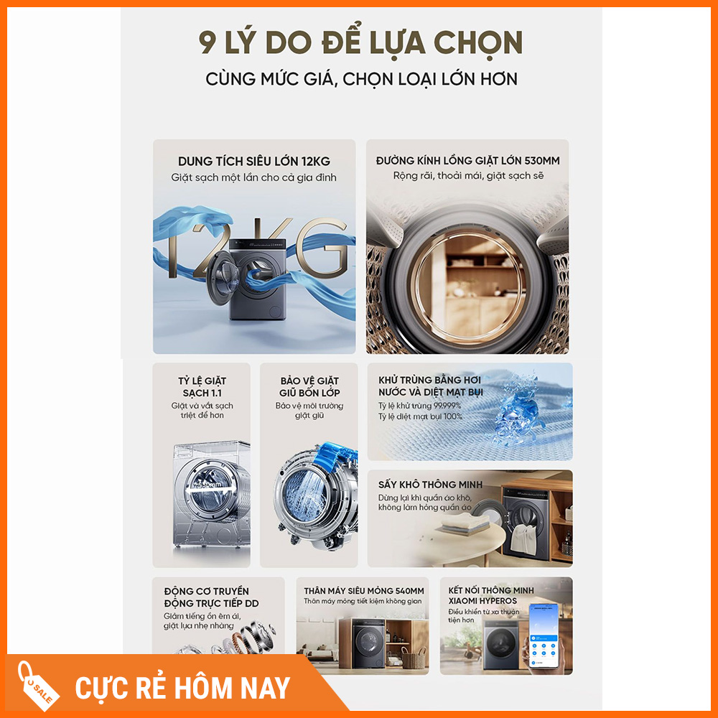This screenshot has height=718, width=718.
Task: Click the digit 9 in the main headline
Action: tap(207, 42)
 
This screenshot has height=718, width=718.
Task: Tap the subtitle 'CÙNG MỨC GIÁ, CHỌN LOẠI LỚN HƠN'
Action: tap(361, 79)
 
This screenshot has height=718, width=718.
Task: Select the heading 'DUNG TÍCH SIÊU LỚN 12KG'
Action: tap(254, 161)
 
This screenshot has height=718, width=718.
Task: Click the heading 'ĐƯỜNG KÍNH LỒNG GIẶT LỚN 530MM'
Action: tap(467, 160)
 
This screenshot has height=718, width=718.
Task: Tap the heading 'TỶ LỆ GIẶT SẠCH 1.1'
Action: tap(202, 387)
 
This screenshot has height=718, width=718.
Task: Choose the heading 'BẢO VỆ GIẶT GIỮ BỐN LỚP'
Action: tap(309, 387)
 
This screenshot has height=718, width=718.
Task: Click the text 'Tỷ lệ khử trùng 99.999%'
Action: tap(419, 406)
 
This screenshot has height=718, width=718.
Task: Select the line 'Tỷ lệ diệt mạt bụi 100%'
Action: tap(420, 416)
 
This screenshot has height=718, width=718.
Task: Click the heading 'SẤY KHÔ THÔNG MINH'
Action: tap(430, 485)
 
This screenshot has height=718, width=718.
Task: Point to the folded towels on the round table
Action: tap(462, 523)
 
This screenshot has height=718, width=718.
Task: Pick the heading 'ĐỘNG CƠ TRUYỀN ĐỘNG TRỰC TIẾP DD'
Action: tap(211, 597)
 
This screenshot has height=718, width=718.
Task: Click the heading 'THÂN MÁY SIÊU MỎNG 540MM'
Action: tap(363, 591)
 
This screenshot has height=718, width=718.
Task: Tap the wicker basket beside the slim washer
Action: tap(414, 658)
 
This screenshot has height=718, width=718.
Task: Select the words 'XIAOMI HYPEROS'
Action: tap(482, 601)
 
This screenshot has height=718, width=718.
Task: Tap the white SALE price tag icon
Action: tap(38, 686)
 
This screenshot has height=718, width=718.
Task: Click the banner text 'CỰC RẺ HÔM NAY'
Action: tap(182, 689)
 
